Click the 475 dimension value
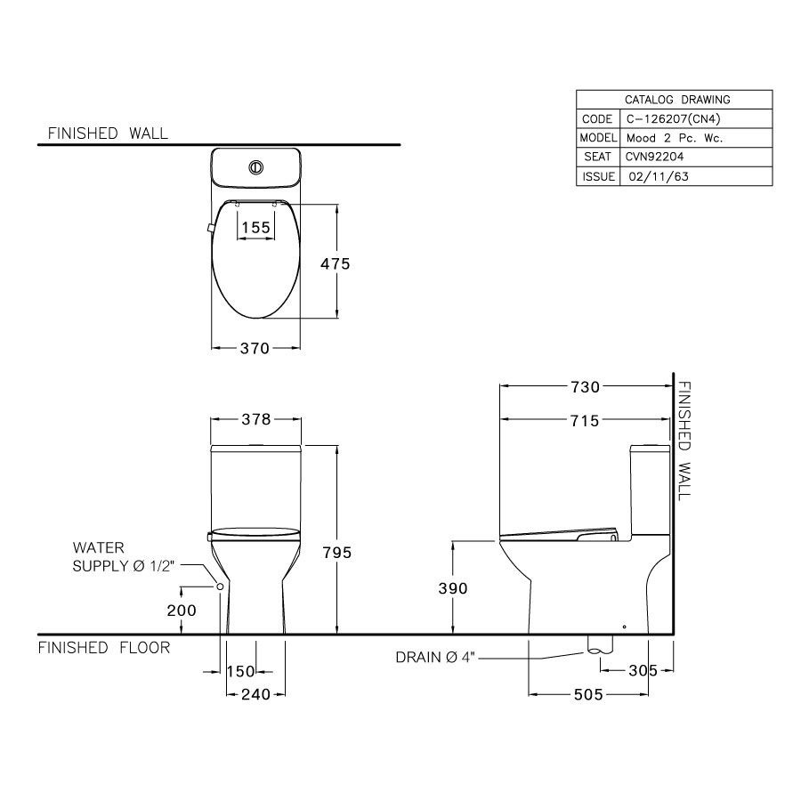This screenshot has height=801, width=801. coord(336,263)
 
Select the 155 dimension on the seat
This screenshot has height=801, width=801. coord(255,228)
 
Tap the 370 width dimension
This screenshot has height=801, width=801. coord(255,349)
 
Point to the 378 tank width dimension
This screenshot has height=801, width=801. coord(255,419)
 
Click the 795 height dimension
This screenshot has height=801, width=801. coord(336,553)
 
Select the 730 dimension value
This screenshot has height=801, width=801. coord(585,386)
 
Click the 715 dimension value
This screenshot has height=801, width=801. coord(585,420)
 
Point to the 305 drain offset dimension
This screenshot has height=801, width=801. coord(642,670)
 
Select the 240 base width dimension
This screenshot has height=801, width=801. coord(255,694)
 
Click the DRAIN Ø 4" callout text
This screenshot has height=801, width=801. coord(437,658)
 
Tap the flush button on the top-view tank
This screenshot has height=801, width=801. coord(255,166)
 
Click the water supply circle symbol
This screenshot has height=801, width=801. coord(219,587)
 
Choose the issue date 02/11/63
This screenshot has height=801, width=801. coord(658,176)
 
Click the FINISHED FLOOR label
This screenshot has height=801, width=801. coord(104,648)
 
